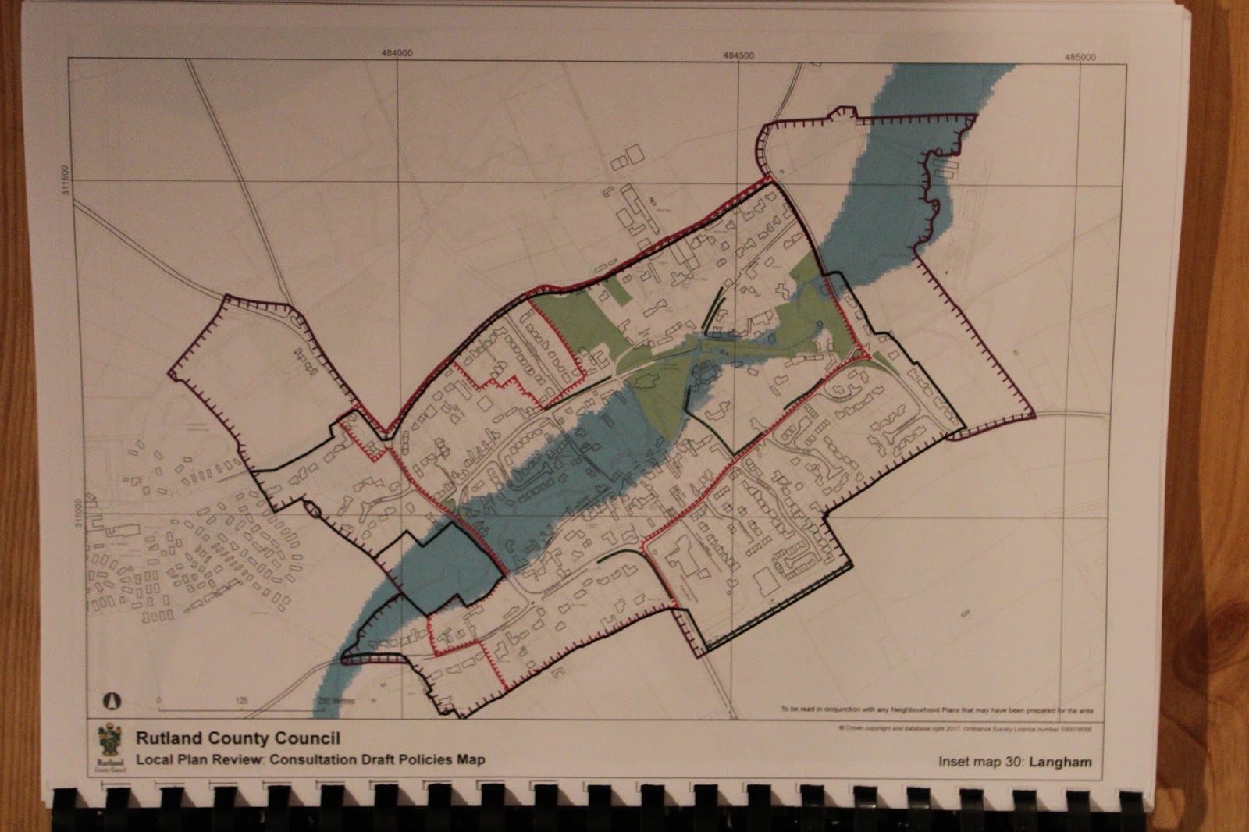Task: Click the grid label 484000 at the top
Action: (397, 53)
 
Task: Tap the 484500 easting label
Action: (738, 55)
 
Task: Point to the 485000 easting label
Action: (1080, 57)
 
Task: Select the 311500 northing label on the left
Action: (66, 180)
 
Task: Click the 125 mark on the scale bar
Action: (241, 701)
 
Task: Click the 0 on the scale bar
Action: (158, 700)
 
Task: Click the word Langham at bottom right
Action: (1059, 762)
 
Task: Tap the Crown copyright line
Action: (965, 728)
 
